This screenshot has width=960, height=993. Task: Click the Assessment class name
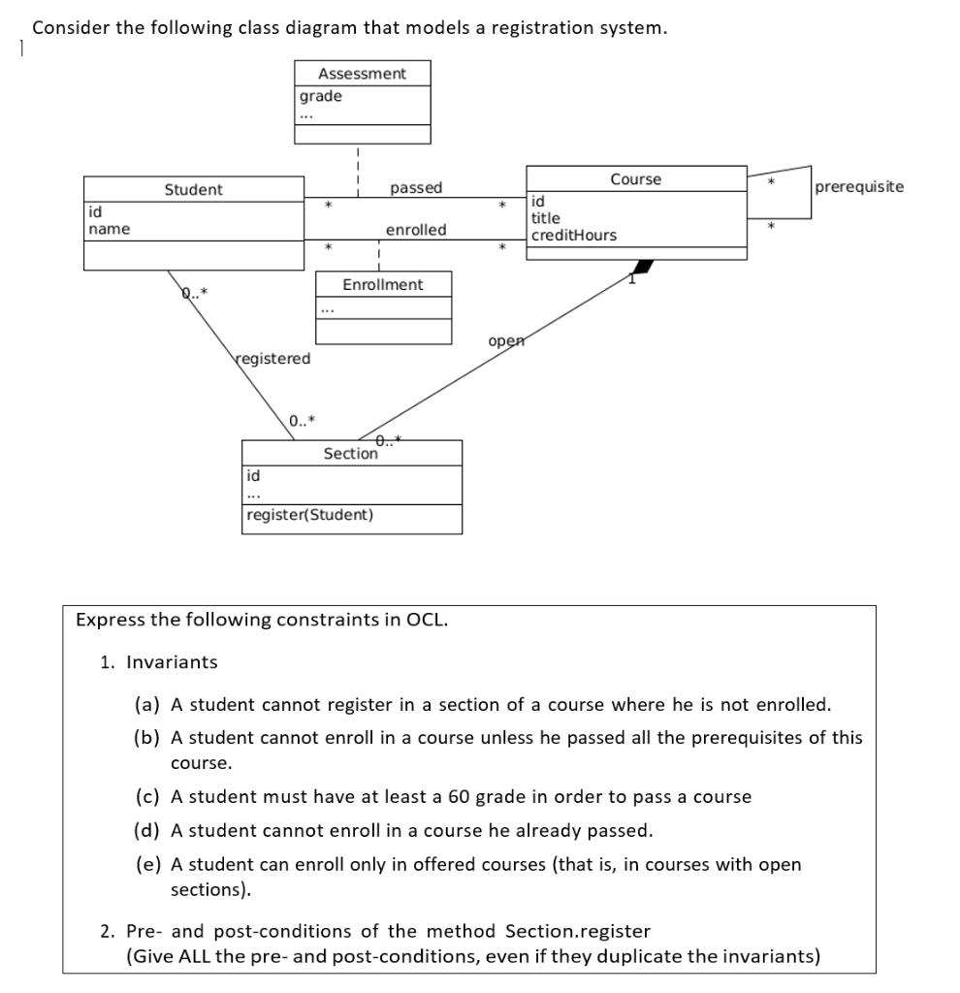coord(363,74)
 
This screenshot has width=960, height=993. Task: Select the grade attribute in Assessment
coord(320,96)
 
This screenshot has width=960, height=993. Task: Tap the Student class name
coord(193,190)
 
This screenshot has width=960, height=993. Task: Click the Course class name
coord(636,179)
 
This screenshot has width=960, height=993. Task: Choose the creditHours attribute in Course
coord(573,236)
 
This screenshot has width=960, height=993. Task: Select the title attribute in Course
coord(546,218)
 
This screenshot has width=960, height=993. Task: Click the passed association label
coord(416,187)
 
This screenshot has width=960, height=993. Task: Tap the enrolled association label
coord(416,230)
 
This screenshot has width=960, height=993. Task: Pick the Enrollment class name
coord(383,284)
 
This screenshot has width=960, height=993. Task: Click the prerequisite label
coord(860,186)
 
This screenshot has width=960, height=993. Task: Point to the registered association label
coord(272,359)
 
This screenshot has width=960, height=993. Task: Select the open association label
coord(506,341)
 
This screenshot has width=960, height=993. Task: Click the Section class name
coord(350,454)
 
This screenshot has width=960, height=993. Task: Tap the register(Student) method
coord(309,515)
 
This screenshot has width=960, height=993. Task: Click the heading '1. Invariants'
coord(159,662)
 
